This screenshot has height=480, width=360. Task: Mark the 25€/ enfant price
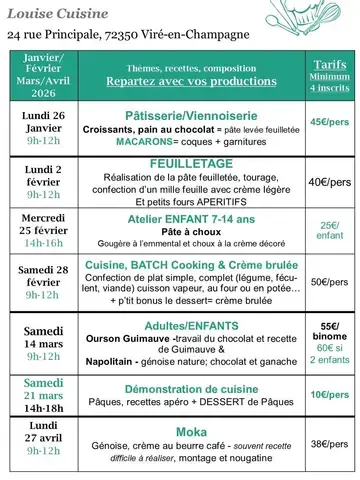[x=329, y=231]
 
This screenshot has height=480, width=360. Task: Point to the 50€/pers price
[x=329, y=281]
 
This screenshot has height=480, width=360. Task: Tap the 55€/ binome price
[x=329, y=332]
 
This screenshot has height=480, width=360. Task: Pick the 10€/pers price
[x=329, y=394]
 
